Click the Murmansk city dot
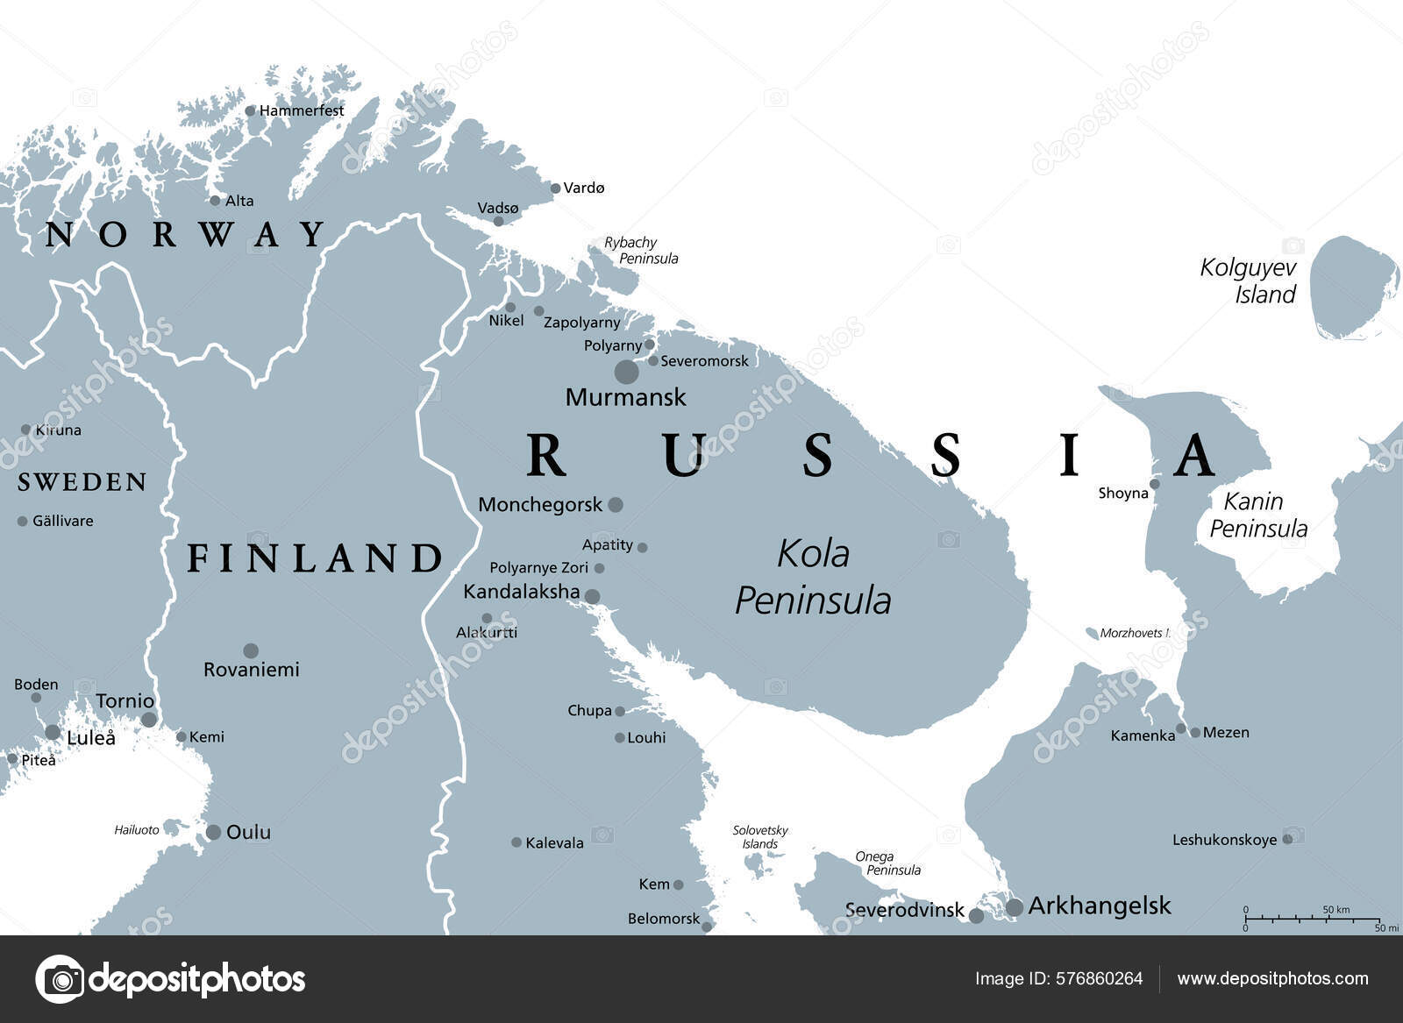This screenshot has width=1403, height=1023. (626, 372)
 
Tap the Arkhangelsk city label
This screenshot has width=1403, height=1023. (1100, 906)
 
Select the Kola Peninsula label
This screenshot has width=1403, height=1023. (813, 577)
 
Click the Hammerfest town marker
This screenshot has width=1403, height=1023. (251, 110)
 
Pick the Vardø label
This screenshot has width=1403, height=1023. (584, 188)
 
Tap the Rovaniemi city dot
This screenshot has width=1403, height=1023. (251, 650)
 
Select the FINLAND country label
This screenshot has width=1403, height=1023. (316, 558)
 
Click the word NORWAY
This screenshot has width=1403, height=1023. (185, 234)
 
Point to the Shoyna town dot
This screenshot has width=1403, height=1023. (1155, 484)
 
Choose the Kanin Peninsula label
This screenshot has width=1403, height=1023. (1257, 515)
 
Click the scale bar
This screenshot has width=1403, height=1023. (1312, 919)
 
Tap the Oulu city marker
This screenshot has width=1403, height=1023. (213, 832)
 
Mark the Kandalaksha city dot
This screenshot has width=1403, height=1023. (592, 597)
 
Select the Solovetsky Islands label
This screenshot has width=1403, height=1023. (760, 836)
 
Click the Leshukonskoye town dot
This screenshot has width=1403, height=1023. (1287, 839)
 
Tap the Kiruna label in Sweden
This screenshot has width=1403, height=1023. (58, 430)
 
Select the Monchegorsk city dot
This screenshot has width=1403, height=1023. (616, 505)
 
